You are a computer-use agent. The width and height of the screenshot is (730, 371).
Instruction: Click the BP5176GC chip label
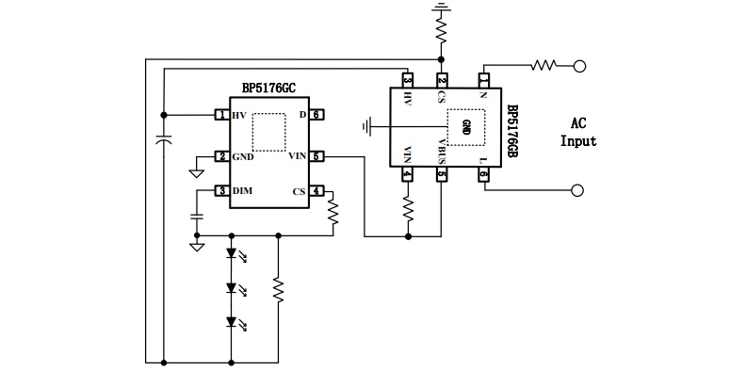pyautogui.click(x=268, y=89)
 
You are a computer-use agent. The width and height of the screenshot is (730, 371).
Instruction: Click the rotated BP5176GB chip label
pyautogui.click(x=511, y=131)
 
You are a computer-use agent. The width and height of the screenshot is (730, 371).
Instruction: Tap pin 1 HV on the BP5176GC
pyautogui.click(x=222, y=115)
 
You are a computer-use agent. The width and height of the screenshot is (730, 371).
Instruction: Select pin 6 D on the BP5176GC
pyautogui.click(x=316, y=115)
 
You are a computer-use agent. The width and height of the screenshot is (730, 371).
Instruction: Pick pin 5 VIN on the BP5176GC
pyautogui.click(x=316, y=156)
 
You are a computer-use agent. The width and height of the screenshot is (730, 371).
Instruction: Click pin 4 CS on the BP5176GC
pyautogui.click(x=316, y=191)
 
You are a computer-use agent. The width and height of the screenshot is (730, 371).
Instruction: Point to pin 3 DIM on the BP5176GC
pyautogui.click(x=222, y=191)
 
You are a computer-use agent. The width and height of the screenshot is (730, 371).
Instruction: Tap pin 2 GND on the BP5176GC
pyautogui.click(x=222, y=156)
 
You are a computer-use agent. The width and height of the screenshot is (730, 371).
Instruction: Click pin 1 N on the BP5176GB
pyautogui.click(x=484, y=81)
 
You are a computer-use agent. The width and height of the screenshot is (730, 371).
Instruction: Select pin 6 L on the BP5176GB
pyautogui.click(x=484, y=174)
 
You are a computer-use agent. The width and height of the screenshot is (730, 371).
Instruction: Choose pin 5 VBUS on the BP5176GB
pyautogui.click(x=441, y=174)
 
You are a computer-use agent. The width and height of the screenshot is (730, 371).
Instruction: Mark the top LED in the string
pyautogui.click(x=232, y=253)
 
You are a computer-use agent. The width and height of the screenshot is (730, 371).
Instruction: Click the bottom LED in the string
pyautogui.click(x=232, y=322)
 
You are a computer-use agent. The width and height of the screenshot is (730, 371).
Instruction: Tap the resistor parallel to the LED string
pyautogui.click(x=279, y=289)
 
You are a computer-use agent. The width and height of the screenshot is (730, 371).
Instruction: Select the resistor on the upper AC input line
pyautogui.click(x=543, y=65)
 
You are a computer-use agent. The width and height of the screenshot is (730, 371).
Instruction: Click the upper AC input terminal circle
pyautogui.click(x=579, y=67)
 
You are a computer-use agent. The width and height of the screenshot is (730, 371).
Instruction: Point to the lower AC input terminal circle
pyautogui.click(x=577, y=190)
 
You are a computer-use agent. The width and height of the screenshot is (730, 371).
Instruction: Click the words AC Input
pyautogui.click(x=578, y=132)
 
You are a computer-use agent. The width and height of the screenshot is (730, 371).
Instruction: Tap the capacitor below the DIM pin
pyautogui.click(x=197, y=217)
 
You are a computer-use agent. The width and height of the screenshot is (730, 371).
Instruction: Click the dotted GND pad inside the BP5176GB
pyautogui.click(x=466, y=126)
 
